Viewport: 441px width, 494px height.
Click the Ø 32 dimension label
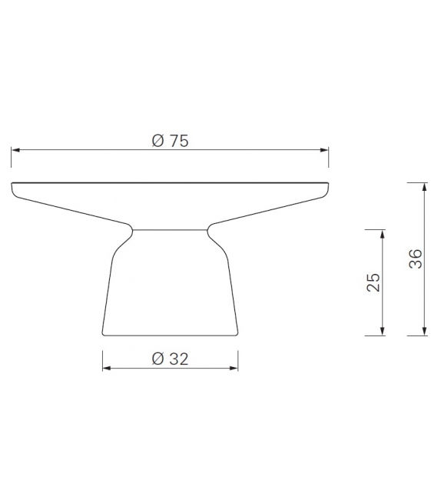pos(170,359)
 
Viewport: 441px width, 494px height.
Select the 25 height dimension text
pos(373,282)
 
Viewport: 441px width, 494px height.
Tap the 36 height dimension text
pos(415,259)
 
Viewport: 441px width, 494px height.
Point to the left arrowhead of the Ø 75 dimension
pos(15,150)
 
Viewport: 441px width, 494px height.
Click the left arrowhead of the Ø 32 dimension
pos(107,369)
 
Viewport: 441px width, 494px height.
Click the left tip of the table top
pos(12,185)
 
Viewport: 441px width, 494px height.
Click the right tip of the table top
pos(328,185)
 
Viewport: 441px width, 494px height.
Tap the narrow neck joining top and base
pos(170,229)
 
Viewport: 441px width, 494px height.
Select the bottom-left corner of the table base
pos(104,334)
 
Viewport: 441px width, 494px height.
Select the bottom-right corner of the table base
pos(236,334)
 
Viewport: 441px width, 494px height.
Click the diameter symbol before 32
pos(157,359)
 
